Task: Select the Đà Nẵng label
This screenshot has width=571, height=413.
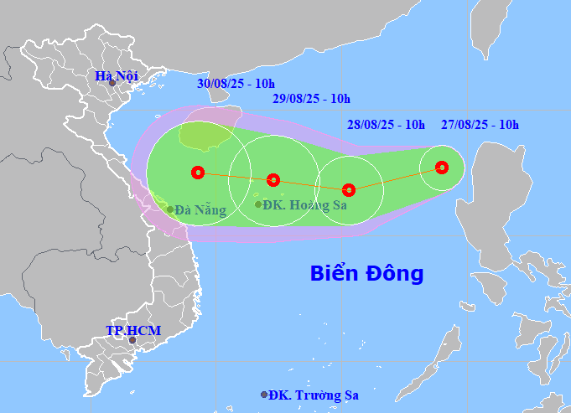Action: coord(200,210)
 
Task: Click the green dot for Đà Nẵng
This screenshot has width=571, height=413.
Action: coord(169,209)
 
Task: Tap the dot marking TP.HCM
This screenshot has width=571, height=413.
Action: coord(132,340)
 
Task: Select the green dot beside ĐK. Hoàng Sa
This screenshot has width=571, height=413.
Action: coord(257,204)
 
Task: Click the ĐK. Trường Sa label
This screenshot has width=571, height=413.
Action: coord(316,395)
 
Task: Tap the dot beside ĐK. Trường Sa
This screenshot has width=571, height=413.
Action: coord(264,395)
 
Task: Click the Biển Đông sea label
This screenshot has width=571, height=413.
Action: coord(366,273)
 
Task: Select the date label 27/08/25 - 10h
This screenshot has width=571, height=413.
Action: coord(480,126)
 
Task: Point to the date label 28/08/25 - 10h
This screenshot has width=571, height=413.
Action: coord(387,126)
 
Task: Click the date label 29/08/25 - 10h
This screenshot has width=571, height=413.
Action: coord(311,99)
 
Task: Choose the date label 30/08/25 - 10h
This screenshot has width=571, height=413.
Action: coord(235,84)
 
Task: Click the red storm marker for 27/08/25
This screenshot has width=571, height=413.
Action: coord(442,168)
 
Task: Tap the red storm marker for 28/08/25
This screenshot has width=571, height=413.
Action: coord(349,190)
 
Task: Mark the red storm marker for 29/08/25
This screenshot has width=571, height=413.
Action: coord(273,179)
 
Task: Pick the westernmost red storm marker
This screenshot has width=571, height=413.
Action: coord(197,173)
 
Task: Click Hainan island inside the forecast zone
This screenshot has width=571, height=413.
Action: coord(204,137)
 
